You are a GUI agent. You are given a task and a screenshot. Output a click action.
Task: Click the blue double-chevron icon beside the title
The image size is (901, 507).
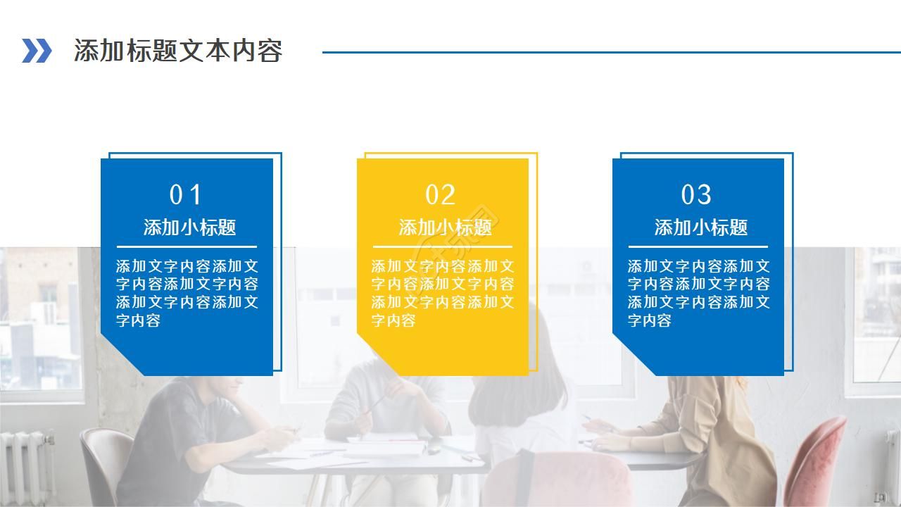point(37,51)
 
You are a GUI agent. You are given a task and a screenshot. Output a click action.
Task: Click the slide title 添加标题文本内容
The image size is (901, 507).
point(178,51)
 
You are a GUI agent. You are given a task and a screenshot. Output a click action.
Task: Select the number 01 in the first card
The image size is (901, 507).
point(186,194)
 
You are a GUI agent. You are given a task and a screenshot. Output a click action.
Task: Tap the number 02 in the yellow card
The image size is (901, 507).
point(441,194)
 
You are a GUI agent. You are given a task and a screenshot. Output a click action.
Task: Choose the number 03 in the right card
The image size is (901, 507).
point(696,194)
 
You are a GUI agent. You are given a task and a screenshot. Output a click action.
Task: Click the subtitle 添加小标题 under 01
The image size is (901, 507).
point(189,227)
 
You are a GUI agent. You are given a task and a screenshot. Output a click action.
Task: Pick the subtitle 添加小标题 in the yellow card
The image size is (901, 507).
point(445,227)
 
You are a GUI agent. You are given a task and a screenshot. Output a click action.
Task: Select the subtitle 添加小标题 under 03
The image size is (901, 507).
point(700,227)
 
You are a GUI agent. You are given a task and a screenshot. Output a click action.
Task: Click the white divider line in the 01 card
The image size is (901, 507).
point(187,246)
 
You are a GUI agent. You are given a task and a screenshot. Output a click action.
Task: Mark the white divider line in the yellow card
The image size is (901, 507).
point(442,246)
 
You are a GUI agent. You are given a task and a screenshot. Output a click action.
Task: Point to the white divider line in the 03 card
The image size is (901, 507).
point(698,246)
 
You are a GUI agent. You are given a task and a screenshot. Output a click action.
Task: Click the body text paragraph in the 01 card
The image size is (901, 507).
point(187,293)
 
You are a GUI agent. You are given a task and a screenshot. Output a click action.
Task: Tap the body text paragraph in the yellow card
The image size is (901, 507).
point(443,293)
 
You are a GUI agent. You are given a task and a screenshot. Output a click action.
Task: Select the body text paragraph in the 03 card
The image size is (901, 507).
point(698,293)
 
